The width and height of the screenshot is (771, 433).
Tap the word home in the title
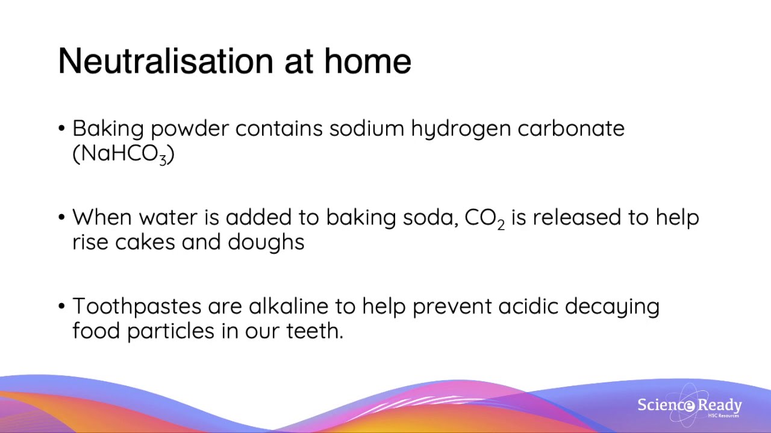(367, 61)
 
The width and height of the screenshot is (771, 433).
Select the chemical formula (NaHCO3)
(123, 154)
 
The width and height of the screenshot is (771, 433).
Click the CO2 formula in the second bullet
(484, 218)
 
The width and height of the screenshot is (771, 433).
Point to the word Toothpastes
(137, 307)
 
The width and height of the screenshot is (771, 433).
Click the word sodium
(366, 129)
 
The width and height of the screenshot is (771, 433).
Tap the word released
(578, 217)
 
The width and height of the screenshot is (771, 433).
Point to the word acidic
(528, 306)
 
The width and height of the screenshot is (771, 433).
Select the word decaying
(612, 307)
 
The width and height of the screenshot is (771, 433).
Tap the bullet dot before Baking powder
(62, 129)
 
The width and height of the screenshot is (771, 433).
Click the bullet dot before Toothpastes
(62, 307)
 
